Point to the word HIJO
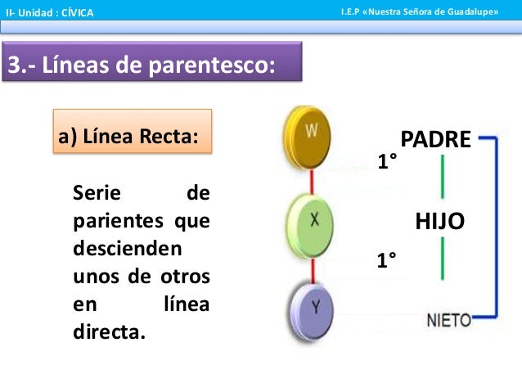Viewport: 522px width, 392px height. [440, 220]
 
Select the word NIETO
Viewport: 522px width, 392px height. [449, 320]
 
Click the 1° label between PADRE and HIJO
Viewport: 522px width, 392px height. [387, 162]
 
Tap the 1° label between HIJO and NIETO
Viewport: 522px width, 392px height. [387, 260]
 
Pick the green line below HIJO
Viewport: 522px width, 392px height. [442, 259]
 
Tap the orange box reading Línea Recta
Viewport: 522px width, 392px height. [133, 133]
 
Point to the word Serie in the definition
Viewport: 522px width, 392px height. [97, 193]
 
